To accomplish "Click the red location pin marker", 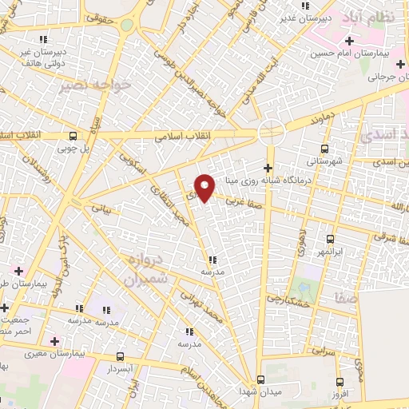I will [x=205, y=187].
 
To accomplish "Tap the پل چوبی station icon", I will [x=73, y=136].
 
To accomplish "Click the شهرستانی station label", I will [x=324, y=161].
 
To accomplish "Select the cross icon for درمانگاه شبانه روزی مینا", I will [x=268, y=168].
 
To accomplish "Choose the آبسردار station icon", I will [x=120, y=357].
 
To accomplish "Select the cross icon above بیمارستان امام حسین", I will [x=348, y=41].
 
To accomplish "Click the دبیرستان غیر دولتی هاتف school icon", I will [x=42, y=39].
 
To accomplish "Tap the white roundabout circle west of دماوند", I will [x=272, y=131].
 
